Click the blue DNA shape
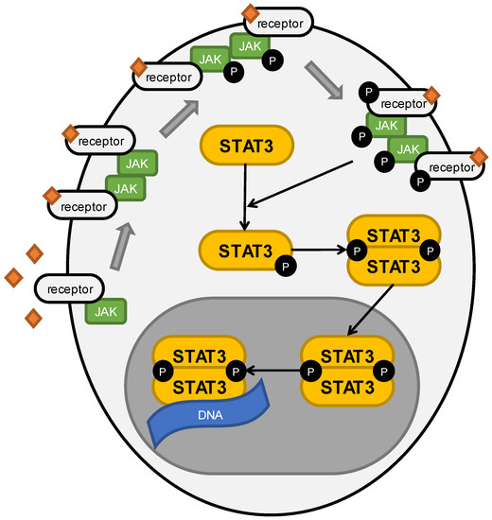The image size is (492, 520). (x=205, y=422)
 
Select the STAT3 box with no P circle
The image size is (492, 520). (x=247, y=147)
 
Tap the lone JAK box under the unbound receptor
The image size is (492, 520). (x=107, y=310)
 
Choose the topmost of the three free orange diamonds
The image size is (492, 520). (x=35, y=252)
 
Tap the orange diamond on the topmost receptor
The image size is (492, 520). (x=250, y=12)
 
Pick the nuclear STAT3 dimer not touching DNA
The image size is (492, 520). (x=347, y=370)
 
